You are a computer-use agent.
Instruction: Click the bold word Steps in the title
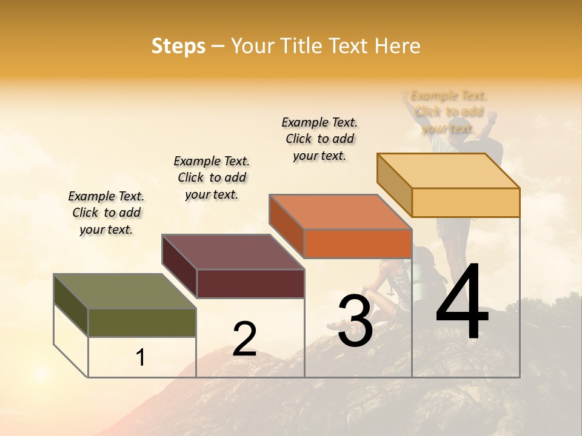pyautogui.click(x=178, y=47)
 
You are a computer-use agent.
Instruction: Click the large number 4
pyautogui.click(x=462, y=303)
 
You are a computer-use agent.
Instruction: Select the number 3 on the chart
pyautogui.click(x=355, y=321)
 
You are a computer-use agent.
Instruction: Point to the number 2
pyautogui.click(x=244, y=339)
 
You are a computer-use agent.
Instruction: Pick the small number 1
pyautogui.click(x=140, y=358)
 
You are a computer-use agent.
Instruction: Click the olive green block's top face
pyautogui.click(x=124, y=292)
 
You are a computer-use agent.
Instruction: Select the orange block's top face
pyautogui.click(x=340, y=212)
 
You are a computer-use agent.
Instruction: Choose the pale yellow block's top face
pyautogui.click(x=449, y=171)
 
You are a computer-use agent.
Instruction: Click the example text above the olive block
pyautogui.click(x=106, y=213)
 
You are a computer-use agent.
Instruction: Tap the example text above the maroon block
pyautogui.click(x=212, y=177)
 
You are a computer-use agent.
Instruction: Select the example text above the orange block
pyautogui.click(x=319, y=139)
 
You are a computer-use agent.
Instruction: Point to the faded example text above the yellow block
pyautogui.click(x=449, y=112)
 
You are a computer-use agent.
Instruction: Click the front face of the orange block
pyautogui.click(x=358, y=244)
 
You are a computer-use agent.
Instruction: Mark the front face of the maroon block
pyautogui.click(x=250, y=283)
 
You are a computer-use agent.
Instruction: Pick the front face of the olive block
pyautogui.click(x=142, y=322)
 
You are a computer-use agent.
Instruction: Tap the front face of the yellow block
pyautogui.click(x=466, y=202)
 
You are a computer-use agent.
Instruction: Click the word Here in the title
pyautogui.click(x=398, y=47)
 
